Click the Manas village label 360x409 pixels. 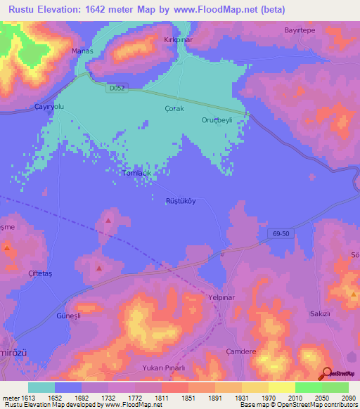point(82,51)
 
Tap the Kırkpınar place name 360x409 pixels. point(178,41)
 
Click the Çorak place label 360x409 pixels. point(174,109)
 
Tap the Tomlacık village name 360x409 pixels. point(136,173)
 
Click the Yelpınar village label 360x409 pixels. point(221,297)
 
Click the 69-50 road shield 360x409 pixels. point(279,233)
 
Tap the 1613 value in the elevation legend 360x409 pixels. point(19,397)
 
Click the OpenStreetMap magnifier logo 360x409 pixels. point(326,373)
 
